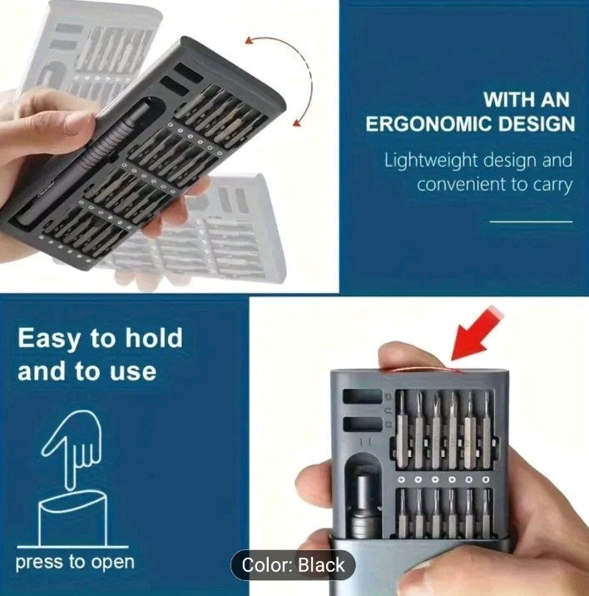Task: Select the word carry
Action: click(x=553, y=185)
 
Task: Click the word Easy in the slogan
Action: click(x=48, y=339)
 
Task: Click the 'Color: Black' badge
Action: click(x=294, y=565)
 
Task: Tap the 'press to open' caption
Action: click(x=75, y=563)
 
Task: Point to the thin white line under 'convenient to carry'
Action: click(x=531, y=221)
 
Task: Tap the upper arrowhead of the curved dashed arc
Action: click(x=250, y=40)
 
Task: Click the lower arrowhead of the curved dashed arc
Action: click(x=298, y=122)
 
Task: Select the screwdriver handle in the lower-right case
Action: click(x=365, y=504)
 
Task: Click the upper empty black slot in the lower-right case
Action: click(x=363, y=396)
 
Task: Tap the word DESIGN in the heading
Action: click(x=537, y=124)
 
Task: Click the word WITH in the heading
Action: click(x=507, y=100)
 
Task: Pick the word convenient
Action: click(x=461, y=184)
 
